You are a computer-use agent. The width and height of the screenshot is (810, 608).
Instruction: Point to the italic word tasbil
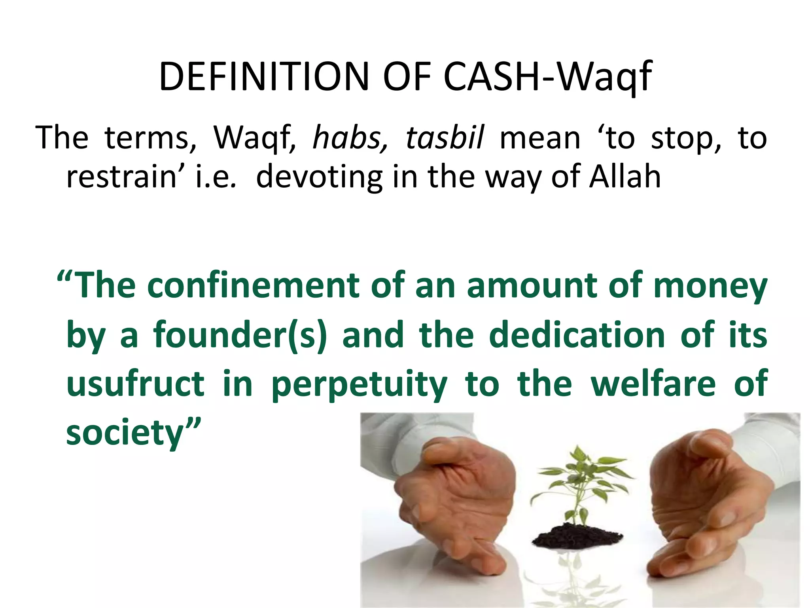(x=445, y=138)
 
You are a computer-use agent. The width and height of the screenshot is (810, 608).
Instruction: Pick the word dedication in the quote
(x=577, y=336)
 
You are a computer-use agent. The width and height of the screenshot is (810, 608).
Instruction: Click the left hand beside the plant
(x=455, y=503)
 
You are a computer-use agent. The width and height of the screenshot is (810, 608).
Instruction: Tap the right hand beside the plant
(x=708, y=503)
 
